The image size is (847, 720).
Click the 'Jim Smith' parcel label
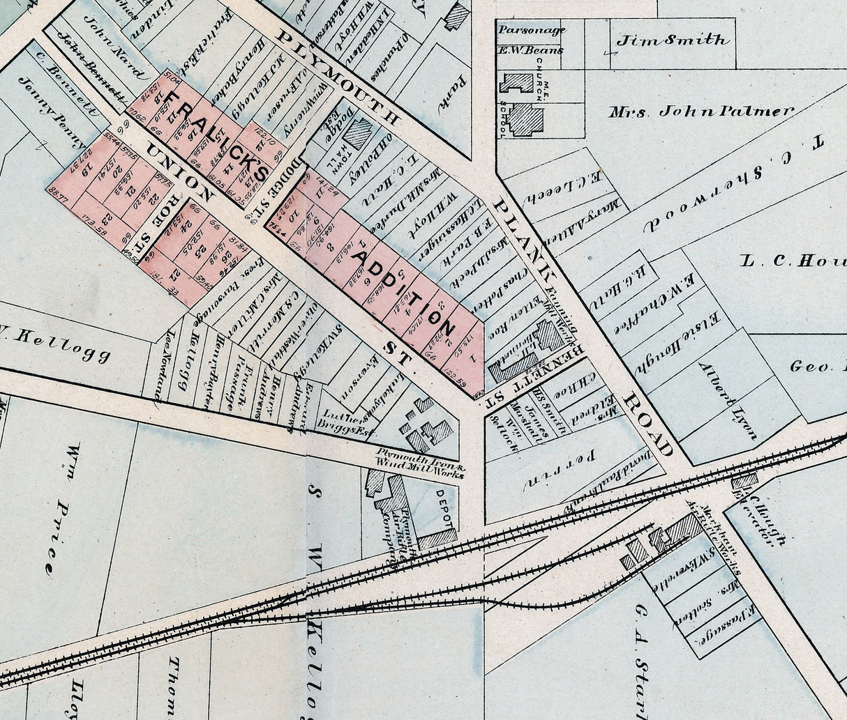pos(671,40)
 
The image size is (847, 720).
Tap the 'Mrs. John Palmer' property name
pos(700,111)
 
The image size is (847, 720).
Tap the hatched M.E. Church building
pos(518,83)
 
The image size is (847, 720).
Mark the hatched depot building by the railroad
pos(437,538)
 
